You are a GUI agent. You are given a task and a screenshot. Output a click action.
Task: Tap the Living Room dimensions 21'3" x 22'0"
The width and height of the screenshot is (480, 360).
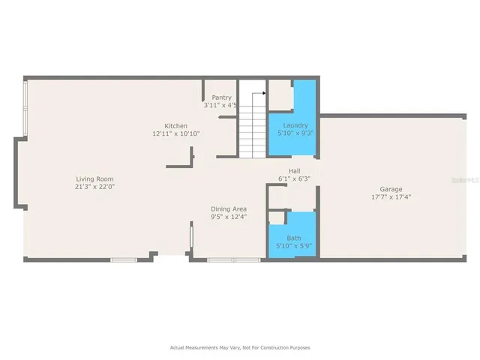pos(94,187)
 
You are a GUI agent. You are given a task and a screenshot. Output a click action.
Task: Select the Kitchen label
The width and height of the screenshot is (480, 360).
pos(176,126)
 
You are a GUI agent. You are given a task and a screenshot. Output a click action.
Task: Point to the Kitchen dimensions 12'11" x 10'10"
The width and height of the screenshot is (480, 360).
pos(176,134)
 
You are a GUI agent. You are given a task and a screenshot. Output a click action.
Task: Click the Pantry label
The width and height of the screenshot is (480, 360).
pos(221,97)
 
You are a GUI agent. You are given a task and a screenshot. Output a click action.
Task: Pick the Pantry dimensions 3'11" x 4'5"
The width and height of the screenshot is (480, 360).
pos(221,106)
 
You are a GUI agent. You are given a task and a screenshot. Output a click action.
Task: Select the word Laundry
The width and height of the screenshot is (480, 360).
pos(292,126)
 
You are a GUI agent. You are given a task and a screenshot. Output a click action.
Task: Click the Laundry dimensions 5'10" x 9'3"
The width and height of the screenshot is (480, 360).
pos(292,134)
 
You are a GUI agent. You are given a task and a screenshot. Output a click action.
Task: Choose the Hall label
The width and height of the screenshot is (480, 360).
pos(294,170)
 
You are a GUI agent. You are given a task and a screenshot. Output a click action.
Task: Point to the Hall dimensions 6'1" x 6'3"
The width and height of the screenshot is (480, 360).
pos(294,178)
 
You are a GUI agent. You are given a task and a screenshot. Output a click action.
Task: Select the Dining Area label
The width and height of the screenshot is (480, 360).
pos(229,208)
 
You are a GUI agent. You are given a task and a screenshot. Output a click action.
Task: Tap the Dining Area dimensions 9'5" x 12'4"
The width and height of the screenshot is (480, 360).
pos(229,217)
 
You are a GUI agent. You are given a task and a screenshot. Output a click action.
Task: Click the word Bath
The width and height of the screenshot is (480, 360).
pos(292,238)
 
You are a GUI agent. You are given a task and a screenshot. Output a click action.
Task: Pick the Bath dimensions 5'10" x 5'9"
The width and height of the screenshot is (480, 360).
pos(292,246)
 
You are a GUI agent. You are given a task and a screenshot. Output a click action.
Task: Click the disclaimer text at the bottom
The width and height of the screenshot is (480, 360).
pos(239,348)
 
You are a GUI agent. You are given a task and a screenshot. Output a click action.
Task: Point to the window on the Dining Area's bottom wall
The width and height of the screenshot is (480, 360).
pos(223,259)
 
